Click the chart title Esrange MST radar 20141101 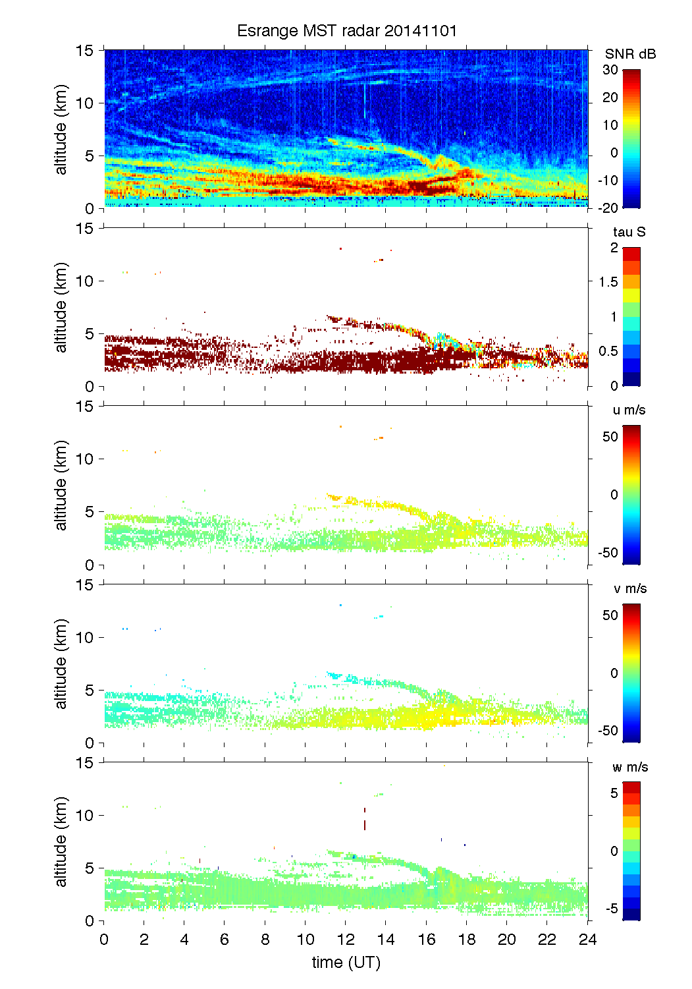pos(346,31)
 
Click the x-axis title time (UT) pos(346,963)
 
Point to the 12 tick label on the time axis pos(346,940)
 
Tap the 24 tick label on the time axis pos(587,940)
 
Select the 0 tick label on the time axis pos(105,940)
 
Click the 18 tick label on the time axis pos(467,940)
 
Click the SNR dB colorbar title pos(630,54)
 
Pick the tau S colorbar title pos(629,232)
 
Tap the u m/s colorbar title pos(629,410)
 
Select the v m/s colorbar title pos(629,588)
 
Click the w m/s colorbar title pos(630,767)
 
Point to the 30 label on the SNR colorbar pos(610,70)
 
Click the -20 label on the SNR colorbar pos(608,208)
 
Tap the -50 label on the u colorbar pos(608,552)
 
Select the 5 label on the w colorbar pos(614,793)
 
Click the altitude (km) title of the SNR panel pos(61,129)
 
